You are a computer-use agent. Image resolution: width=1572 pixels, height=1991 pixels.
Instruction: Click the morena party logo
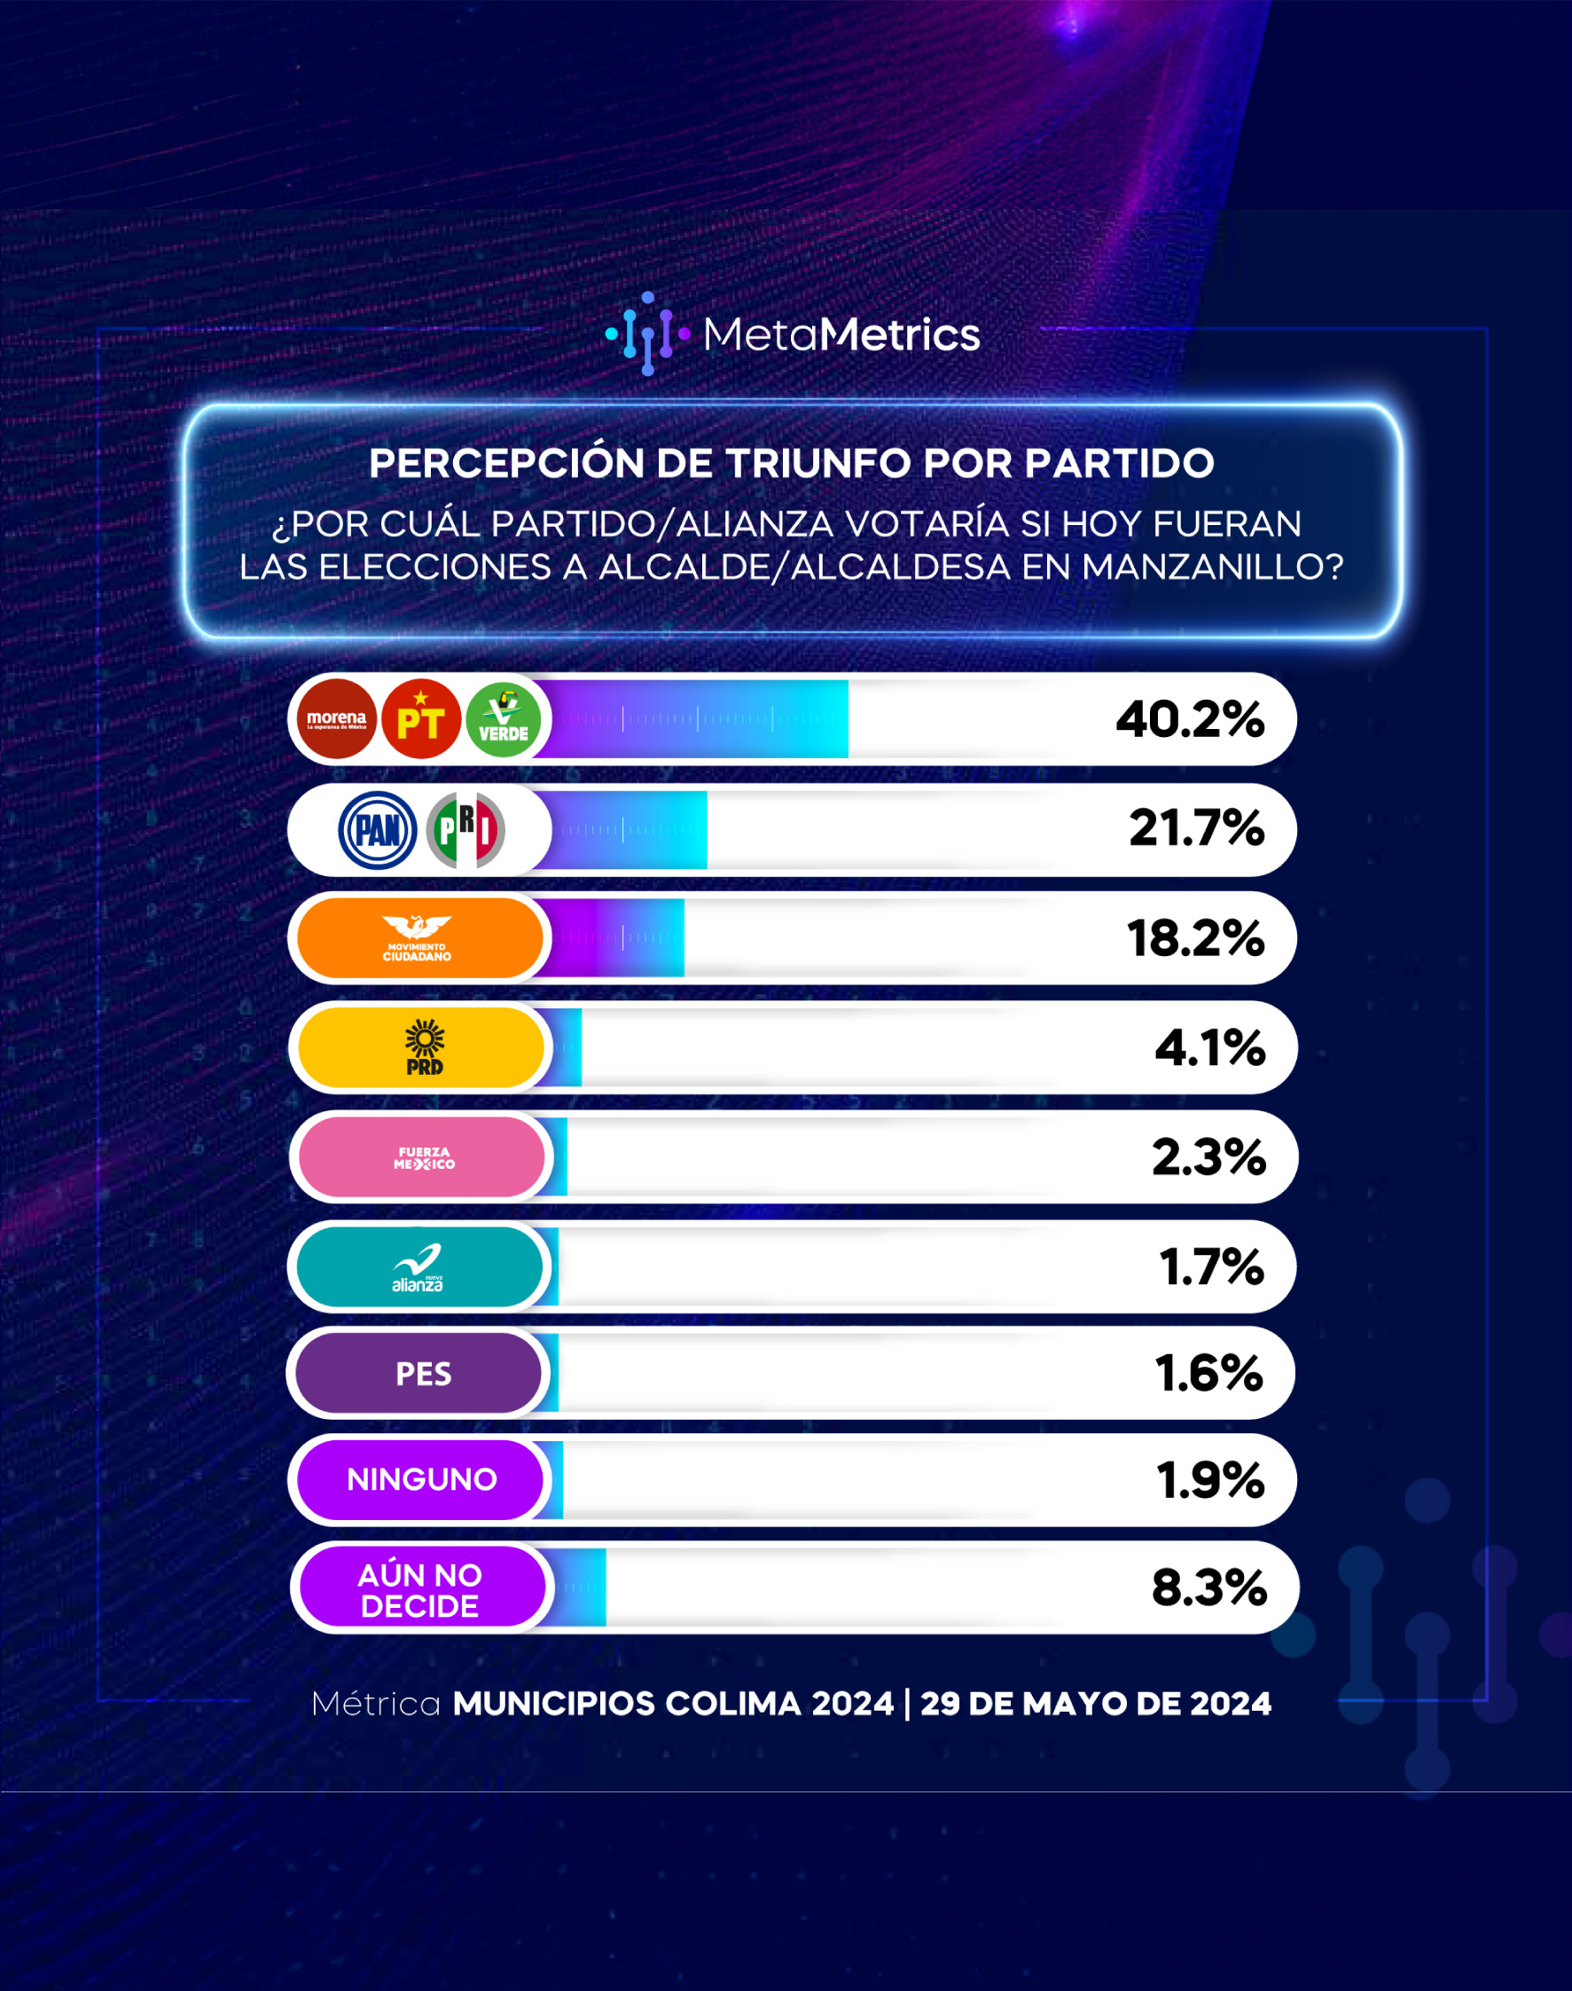pos(337,719)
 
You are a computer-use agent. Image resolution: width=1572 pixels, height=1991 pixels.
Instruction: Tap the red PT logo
pos(420,719)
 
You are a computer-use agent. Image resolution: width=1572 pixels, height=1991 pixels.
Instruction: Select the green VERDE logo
pos(504,719)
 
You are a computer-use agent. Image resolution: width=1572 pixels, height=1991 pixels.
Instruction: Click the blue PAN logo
pos(378,830)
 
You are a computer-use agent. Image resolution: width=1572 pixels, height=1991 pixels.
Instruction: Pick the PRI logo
pos(465,830)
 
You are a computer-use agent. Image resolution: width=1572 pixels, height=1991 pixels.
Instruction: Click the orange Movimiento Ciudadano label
pos(420,938)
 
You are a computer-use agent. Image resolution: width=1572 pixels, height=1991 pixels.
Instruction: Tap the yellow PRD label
pos(421,1047)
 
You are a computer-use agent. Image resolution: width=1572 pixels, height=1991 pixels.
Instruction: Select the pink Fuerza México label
pos(422,1157)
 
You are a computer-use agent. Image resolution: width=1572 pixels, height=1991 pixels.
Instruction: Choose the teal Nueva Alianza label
pos(419,1266)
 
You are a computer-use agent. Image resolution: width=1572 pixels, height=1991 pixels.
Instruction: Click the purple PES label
pos(418,1374)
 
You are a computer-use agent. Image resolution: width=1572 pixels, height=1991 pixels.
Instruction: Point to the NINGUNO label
pos(420,1480)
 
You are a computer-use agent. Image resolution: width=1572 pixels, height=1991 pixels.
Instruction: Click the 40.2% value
pos(1190,719)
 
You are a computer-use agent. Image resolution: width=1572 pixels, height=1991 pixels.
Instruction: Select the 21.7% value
pos(1196,828)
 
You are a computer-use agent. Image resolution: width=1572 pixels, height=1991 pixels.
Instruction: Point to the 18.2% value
pos(1195,938)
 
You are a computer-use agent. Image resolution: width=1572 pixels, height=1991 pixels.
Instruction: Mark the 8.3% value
pos(1209,1587)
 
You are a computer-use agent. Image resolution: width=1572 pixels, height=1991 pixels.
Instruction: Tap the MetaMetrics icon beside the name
pos(648,333)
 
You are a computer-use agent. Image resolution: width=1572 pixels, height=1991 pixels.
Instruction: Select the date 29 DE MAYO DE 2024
pos(1096,1704)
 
